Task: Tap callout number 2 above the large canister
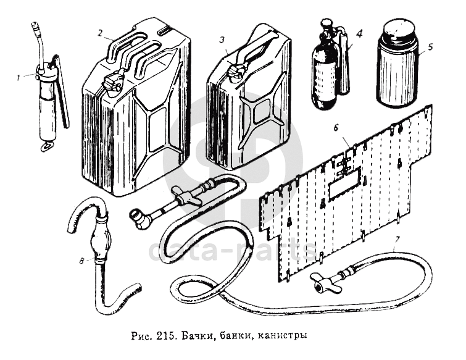click(99, 33)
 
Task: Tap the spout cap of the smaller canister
click(235, 71)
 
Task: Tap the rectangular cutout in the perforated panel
click(346, 185)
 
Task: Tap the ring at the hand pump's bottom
click(46, 147)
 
